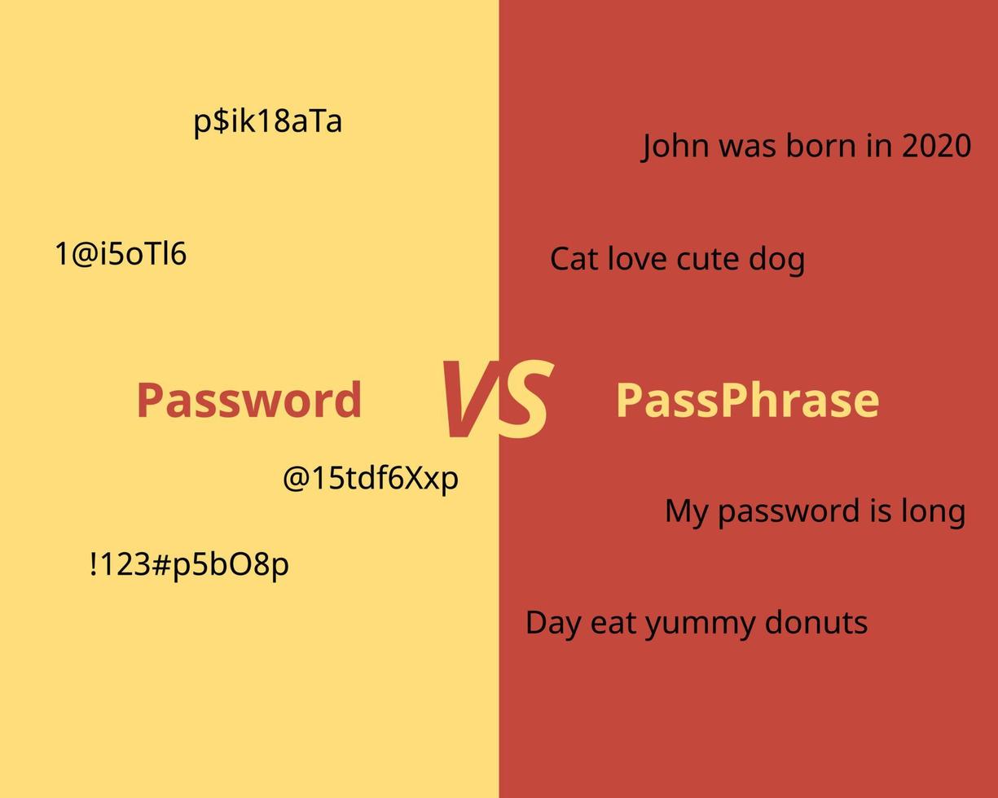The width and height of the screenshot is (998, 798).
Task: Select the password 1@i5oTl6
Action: (x=121, y=254)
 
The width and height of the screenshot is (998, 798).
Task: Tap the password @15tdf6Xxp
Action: (x=370, y=478)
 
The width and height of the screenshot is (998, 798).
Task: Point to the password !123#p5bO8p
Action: (x=189, y=563)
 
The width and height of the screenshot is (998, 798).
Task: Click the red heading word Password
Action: (x=248, y=401)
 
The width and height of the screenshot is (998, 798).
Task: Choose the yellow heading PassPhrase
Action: (x=747, y=401)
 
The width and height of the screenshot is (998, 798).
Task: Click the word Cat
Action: (x=574, y=260)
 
